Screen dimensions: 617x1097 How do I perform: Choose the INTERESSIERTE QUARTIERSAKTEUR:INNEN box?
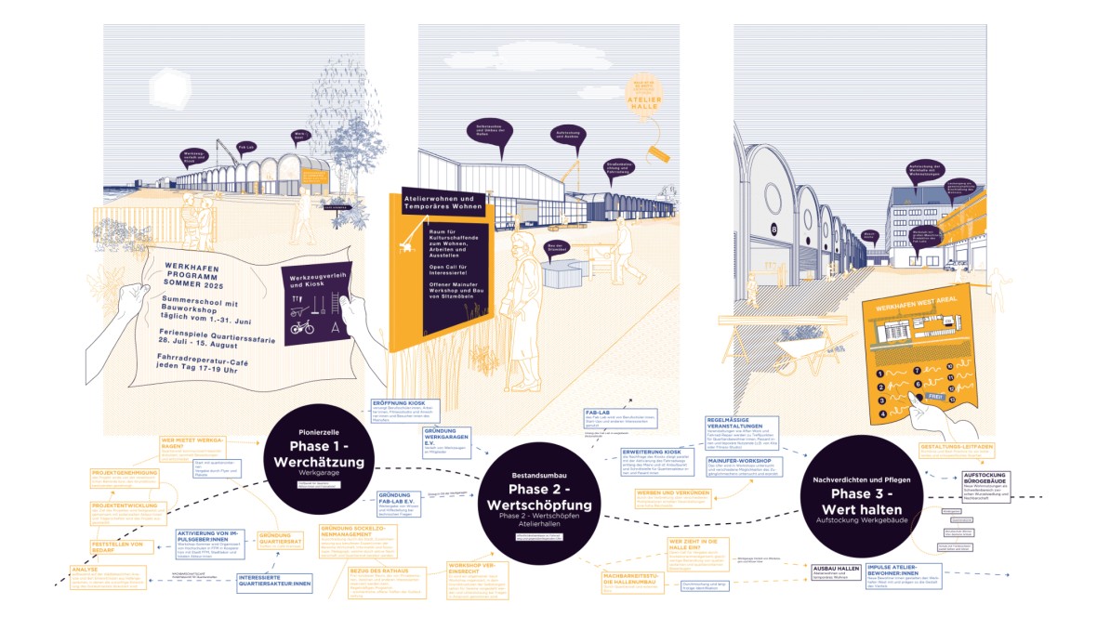(x=274, y=582)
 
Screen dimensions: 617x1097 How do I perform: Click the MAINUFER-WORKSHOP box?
(x=745, y=464)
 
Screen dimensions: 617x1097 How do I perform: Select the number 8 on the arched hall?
(x=772, y=229)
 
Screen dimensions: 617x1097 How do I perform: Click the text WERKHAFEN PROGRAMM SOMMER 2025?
(x=198, y=275)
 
